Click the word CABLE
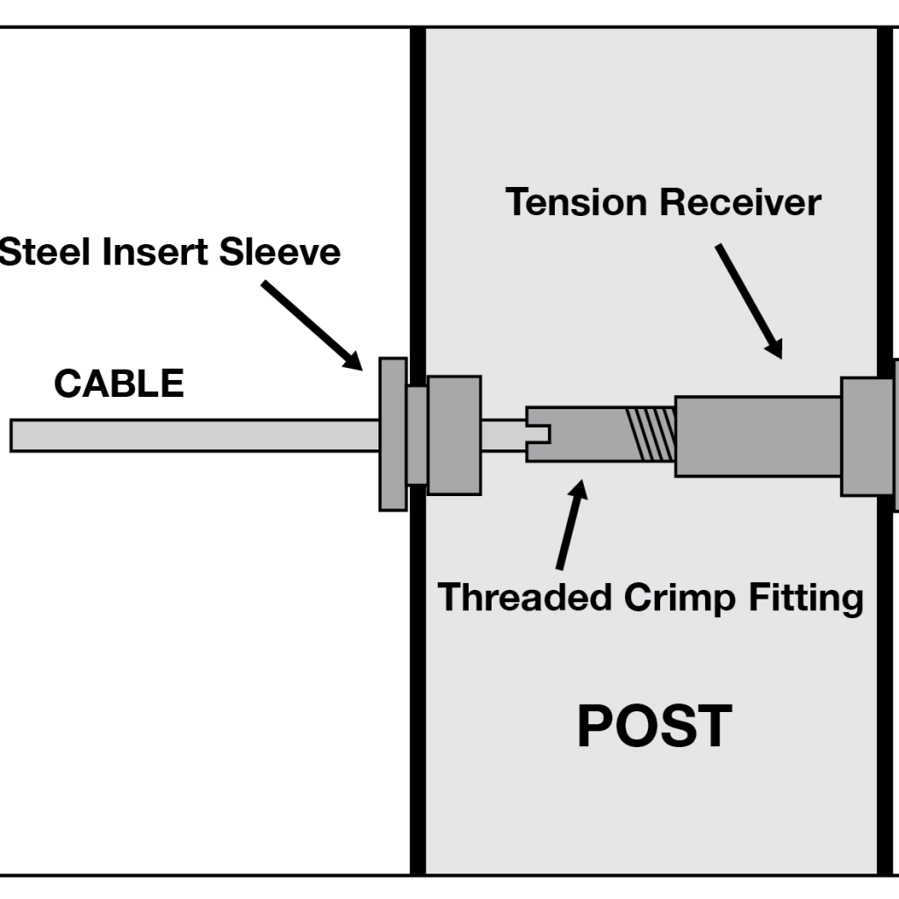[119, 385]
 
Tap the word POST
[654, 727]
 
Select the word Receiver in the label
[741, 203]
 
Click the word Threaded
[525, 598]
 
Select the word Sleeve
[281, 253]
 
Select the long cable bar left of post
[193, 435]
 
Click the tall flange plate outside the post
[392, 434]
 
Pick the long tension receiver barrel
[757, 436]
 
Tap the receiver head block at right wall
[867, 436]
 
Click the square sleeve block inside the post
[454, 435]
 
